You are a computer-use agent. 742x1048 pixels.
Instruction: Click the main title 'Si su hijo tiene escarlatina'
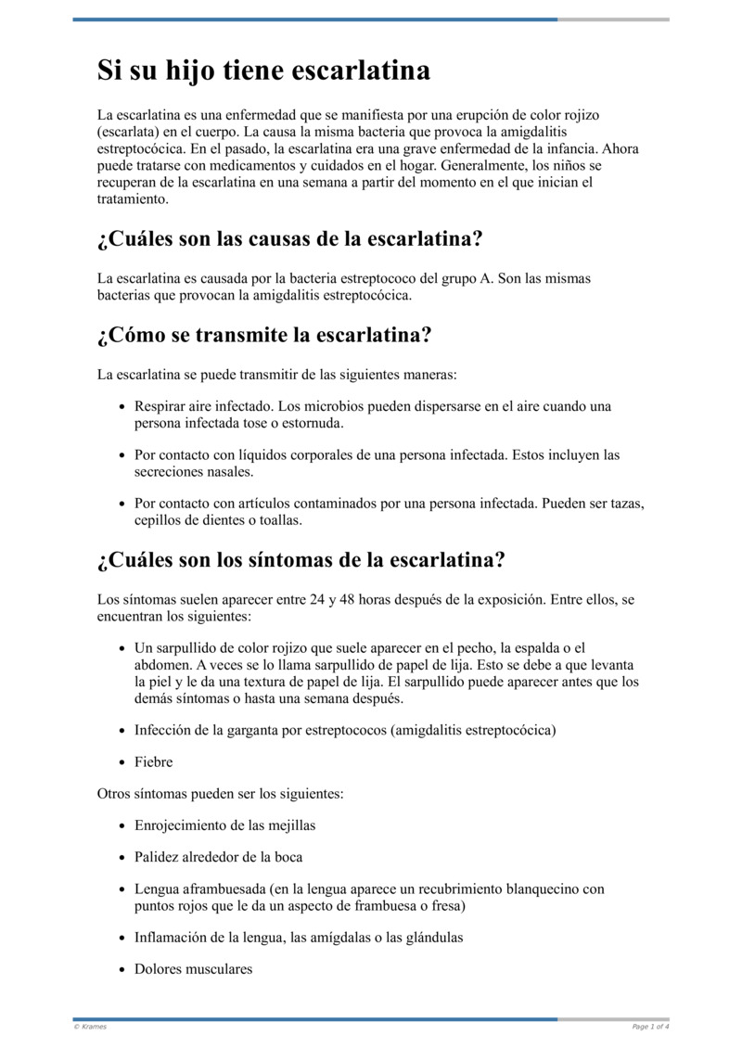click(263, 70)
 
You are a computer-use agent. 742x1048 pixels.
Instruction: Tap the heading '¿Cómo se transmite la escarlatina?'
click(264, 335)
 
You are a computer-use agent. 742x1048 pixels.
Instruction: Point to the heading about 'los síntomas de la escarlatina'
click(301, 560)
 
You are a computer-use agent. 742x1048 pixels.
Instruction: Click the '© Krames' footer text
click(90, 1027)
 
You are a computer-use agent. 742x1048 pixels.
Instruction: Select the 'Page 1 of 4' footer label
click(650, 1027)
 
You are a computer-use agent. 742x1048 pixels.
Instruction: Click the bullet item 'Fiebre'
click(153, 762)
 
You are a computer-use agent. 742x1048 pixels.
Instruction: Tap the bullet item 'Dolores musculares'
click(193, 969)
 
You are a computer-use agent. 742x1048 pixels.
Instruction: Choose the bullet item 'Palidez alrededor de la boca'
click(218, 857)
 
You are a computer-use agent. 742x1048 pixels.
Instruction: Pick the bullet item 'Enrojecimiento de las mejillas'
click(224, 824)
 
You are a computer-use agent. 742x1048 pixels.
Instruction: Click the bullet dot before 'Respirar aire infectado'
click(123, 407)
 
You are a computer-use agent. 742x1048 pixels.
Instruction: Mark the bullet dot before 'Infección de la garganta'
click(123, 731)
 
